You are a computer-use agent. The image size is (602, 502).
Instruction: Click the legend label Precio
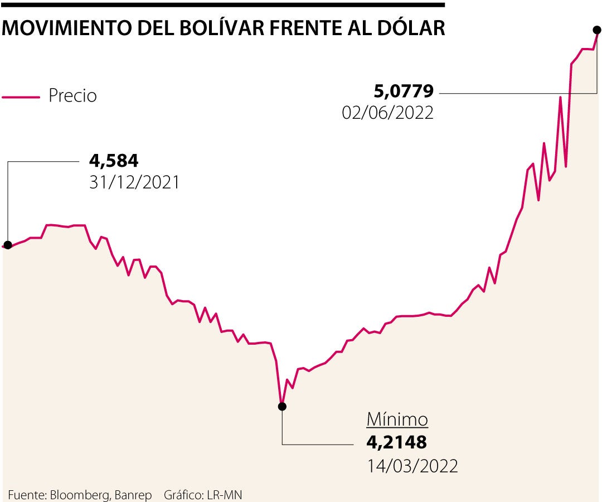[x=72, y=96]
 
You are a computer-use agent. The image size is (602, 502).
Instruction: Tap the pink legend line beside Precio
[x=21, y=97]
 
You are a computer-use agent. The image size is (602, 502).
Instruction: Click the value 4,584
[x=114, y=161]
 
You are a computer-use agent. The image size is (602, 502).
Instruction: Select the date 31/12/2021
[x=134, y=182]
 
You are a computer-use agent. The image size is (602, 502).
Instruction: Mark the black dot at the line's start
[x=8, y=245]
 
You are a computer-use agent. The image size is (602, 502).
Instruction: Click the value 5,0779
[x=402, y=91]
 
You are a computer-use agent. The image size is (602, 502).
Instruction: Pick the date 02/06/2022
[x=388, y=113]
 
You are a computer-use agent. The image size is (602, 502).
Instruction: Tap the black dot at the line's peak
[x=597, y=29]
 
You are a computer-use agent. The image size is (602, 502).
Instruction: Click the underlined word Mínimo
[x=397, y=419]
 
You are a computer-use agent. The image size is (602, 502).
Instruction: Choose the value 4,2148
[x=396, y=442]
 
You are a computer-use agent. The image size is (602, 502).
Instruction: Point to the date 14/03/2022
[x=412, y=466]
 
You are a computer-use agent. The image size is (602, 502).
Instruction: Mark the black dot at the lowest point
[x=282, y=407]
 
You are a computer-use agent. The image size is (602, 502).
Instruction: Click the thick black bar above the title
[x=223, y=4]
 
